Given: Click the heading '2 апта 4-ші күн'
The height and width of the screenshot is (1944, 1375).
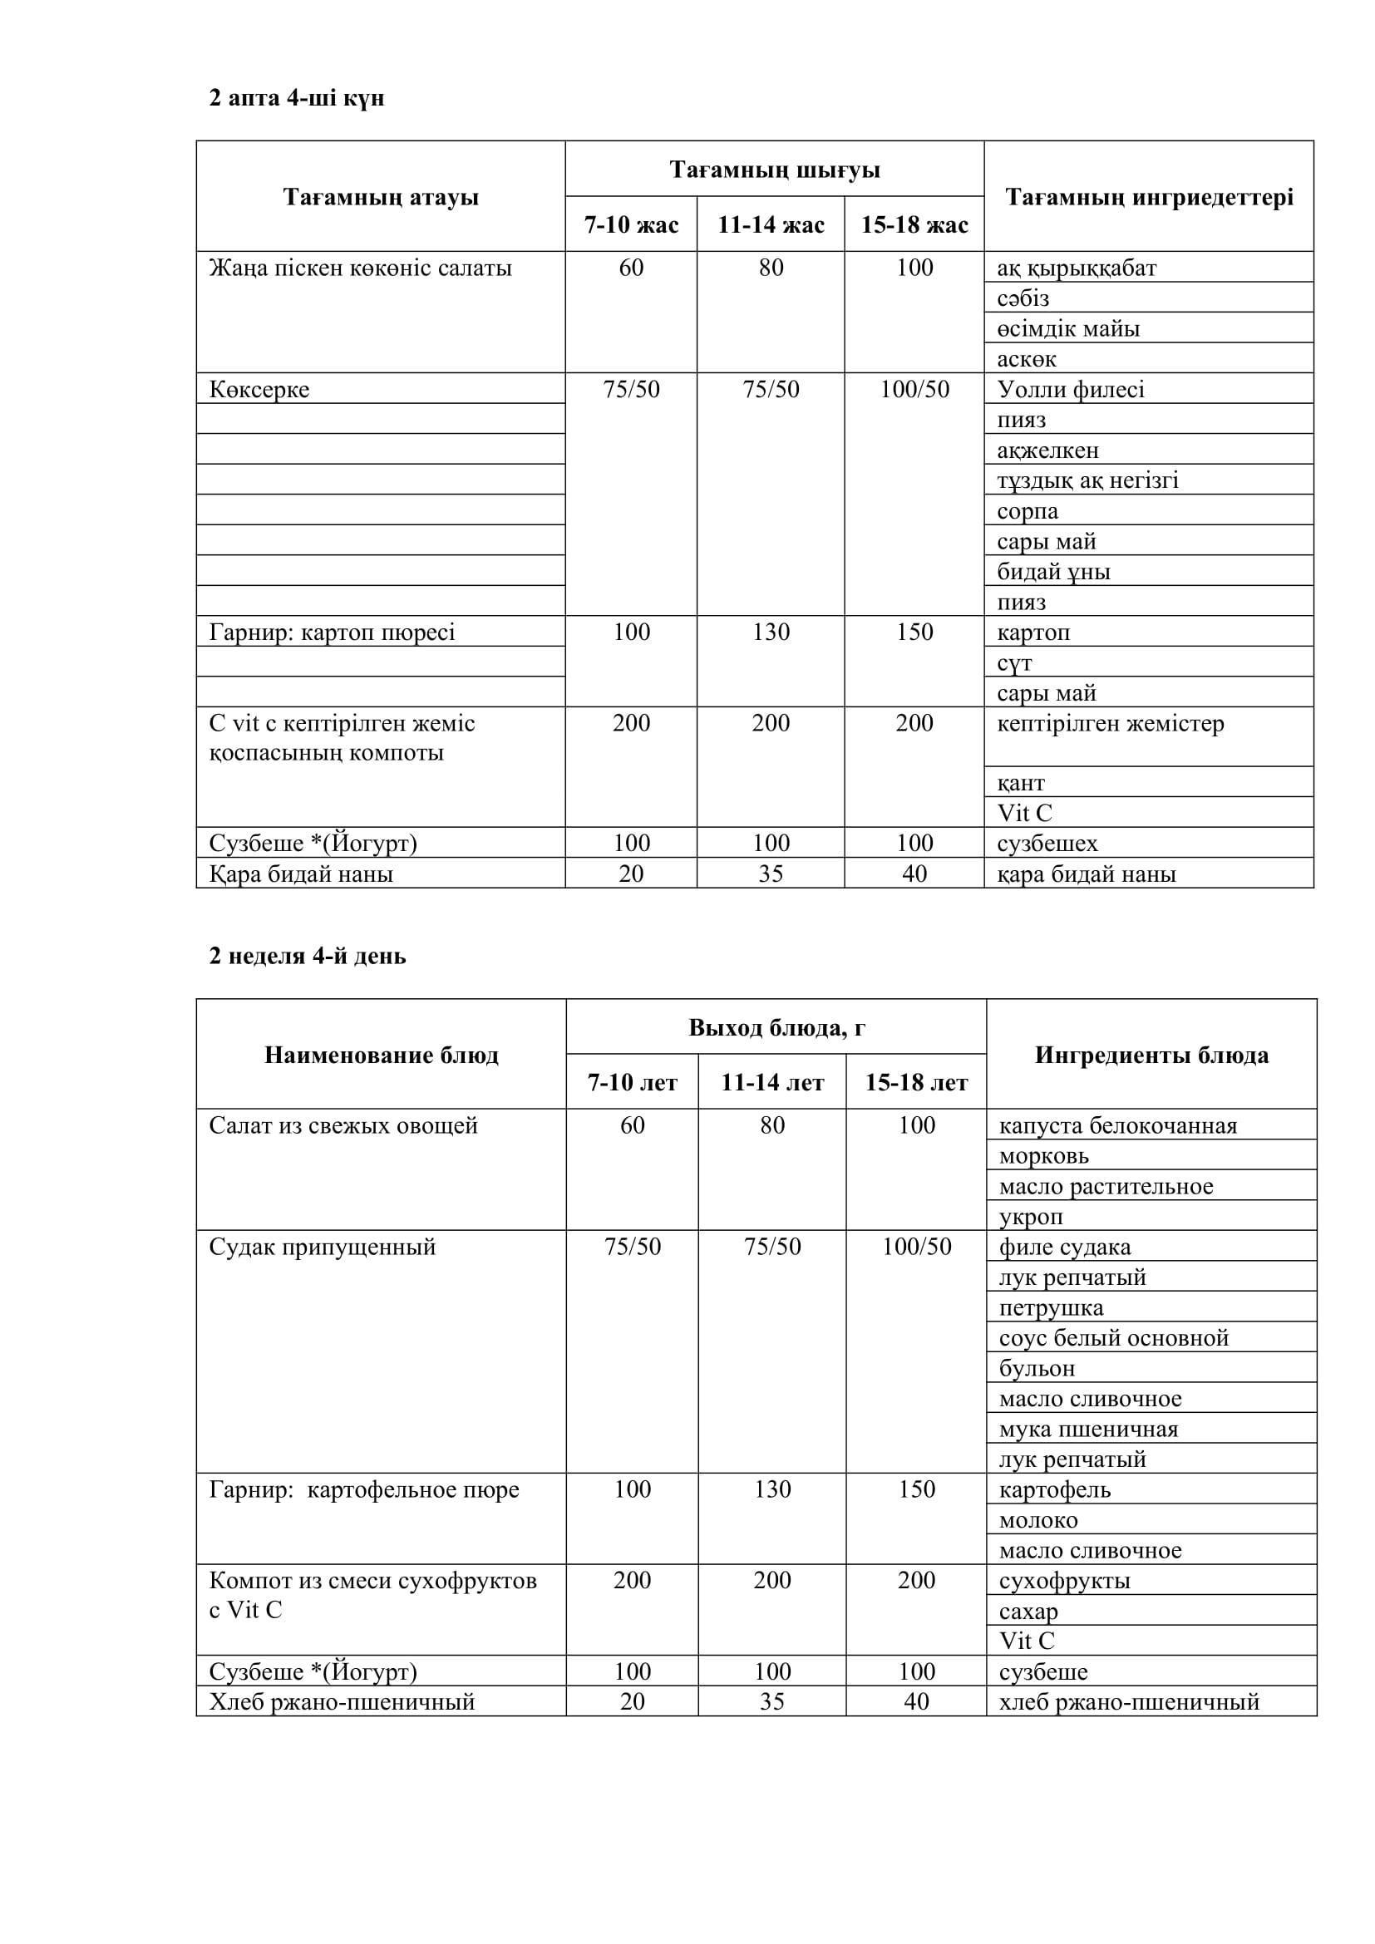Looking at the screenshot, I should [x=296, y=98].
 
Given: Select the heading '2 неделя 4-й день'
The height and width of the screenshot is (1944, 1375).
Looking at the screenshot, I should [x=308, y=956].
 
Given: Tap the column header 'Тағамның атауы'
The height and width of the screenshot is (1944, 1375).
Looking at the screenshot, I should [x=380, y=197].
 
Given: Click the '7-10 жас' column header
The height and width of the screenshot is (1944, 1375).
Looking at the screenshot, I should [x=631, y=225].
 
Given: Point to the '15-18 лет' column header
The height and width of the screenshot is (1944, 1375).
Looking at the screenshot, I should [x=915, y=1083].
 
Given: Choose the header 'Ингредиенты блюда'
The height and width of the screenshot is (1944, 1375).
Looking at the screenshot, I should [x=1151, y=1055].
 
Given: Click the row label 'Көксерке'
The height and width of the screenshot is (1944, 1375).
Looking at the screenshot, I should [x=259, y=390].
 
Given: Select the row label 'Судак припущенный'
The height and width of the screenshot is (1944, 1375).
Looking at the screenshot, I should [x=322, y=1248].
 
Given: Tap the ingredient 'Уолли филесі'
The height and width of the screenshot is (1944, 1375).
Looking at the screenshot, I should [x=1070, y=390].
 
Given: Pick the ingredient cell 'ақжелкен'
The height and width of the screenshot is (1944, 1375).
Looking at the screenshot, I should [x=1047, y=450].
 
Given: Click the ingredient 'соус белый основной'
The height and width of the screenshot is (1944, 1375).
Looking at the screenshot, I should [x=1112, y=1338].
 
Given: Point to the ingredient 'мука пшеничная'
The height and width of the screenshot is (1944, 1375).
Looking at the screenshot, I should [x=1088, y=1430].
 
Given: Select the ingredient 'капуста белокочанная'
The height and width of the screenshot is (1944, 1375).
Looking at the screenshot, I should [x=1117, y=1126].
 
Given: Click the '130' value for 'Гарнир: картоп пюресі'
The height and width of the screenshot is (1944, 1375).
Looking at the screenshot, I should [x=771, y=632].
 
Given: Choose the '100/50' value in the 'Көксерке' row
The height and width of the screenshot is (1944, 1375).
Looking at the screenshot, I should [x=914, y=390].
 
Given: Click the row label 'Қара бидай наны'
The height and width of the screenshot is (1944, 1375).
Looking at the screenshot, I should [x=301, y=874].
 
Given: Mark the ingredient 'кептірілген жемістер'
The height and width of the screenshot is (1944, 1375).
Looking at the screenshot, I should [x=1110, y=724].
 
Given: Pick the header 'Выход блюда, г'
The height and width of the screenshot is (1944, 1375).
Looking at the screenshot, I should [x=776, y=1028].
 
